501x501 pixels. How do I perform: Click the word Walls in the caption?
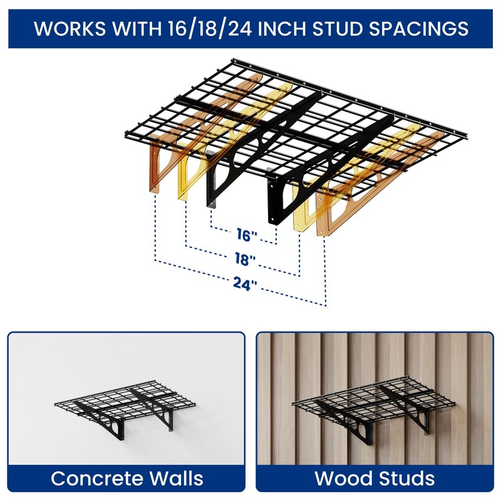175,479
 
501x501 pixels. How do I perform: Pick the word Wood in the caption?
342,479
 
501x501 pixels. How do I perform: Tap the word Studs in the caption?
406,479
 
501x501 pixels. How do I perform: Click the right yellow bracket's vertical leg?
299,213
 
